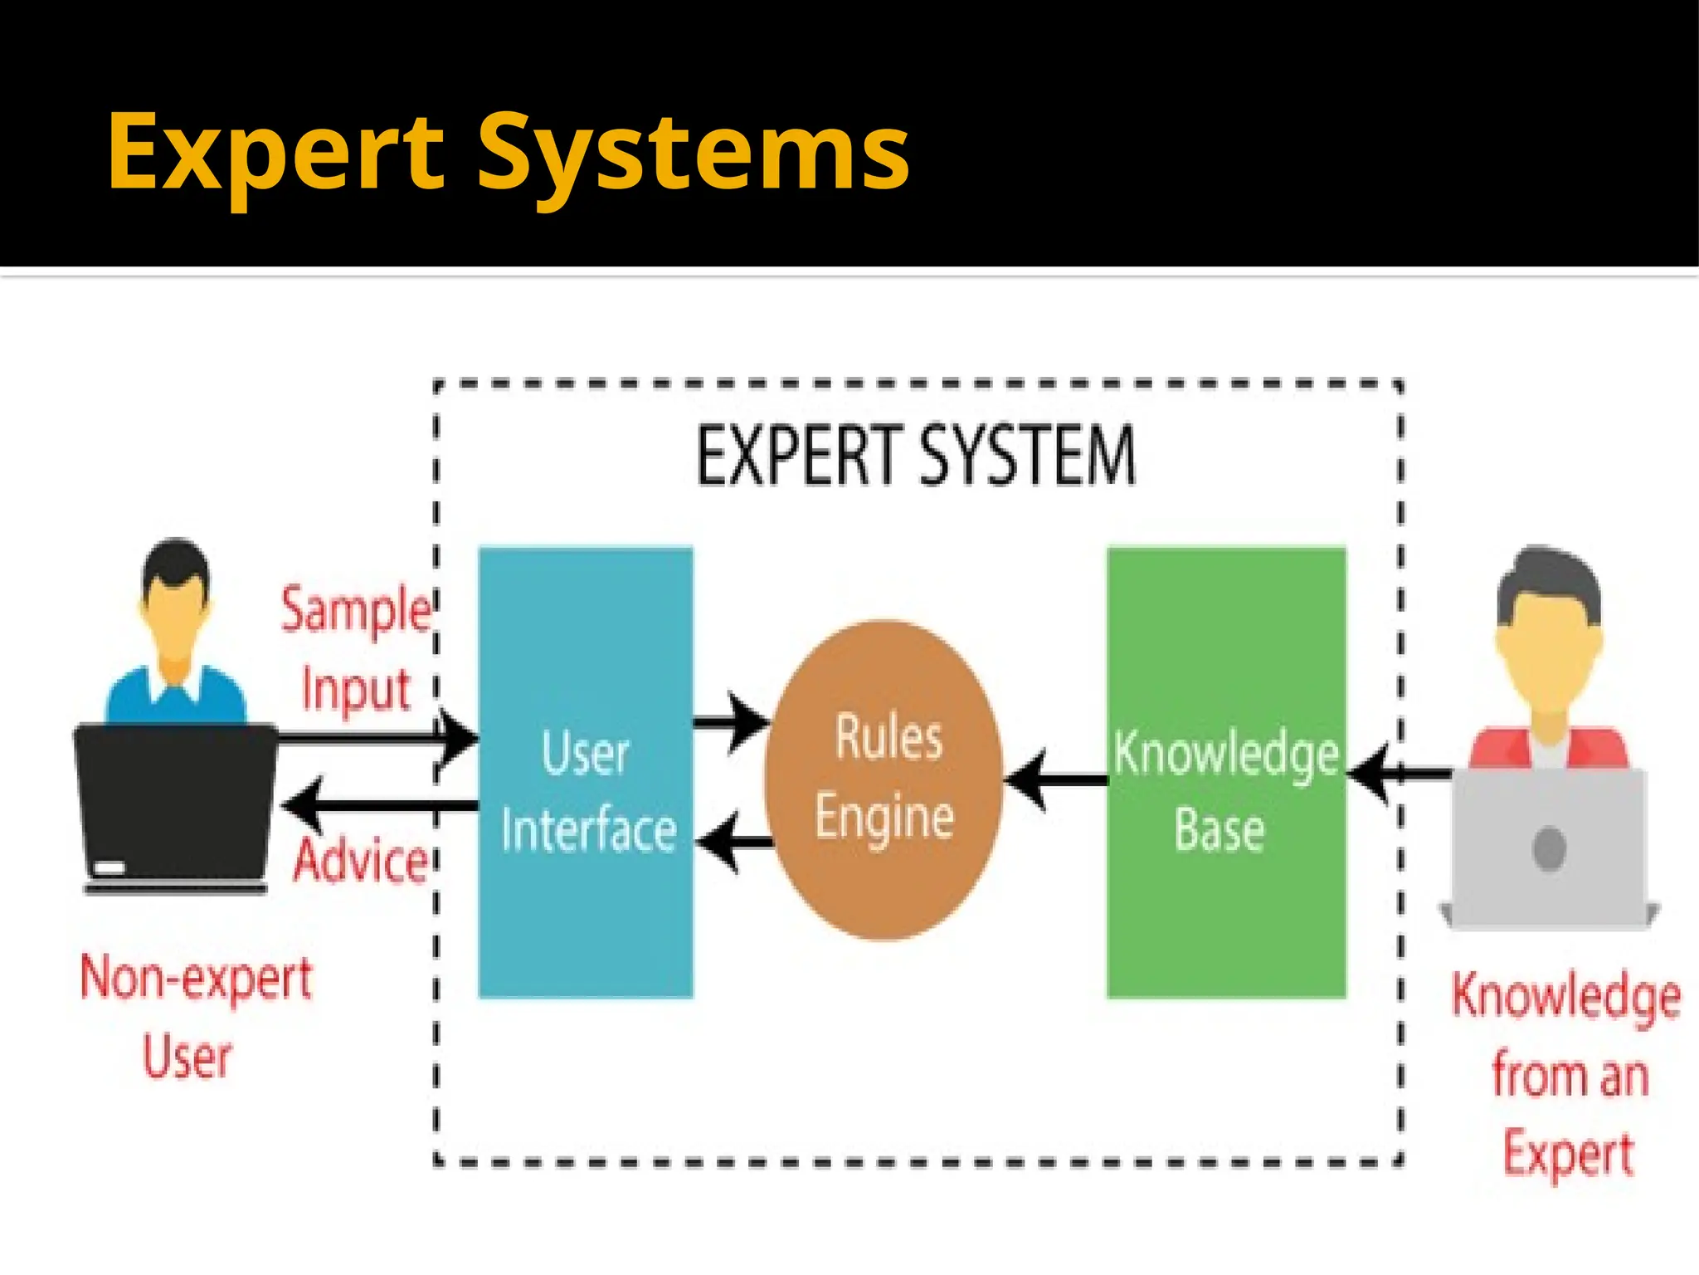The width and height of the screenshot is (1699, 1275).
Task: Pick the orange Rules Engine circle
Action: tap(884, 888)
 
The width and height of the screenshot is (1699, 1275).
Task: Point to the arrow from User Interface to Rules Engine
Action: tap(730, 721)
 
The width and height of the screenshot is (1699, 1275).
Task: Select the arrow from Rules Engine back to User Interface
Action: tap(734, 843)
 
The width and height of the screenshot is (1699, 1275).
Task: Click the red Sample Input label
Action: tap(355, 647)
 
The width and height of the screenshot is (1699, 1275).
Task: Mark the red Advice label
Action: tap(360, 860)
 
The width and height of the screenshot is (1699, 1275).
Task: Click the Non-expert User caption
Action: tap(194, 1016)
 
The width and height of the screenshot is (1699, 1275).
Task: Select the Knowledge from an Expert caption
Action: tap(1566, 1074)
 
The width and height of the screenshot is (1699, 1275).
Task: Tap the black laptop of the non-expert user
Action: tap(176, 805)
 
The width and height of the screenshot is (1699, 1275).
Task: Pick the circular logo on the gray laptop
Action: tap(1549, 849)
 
